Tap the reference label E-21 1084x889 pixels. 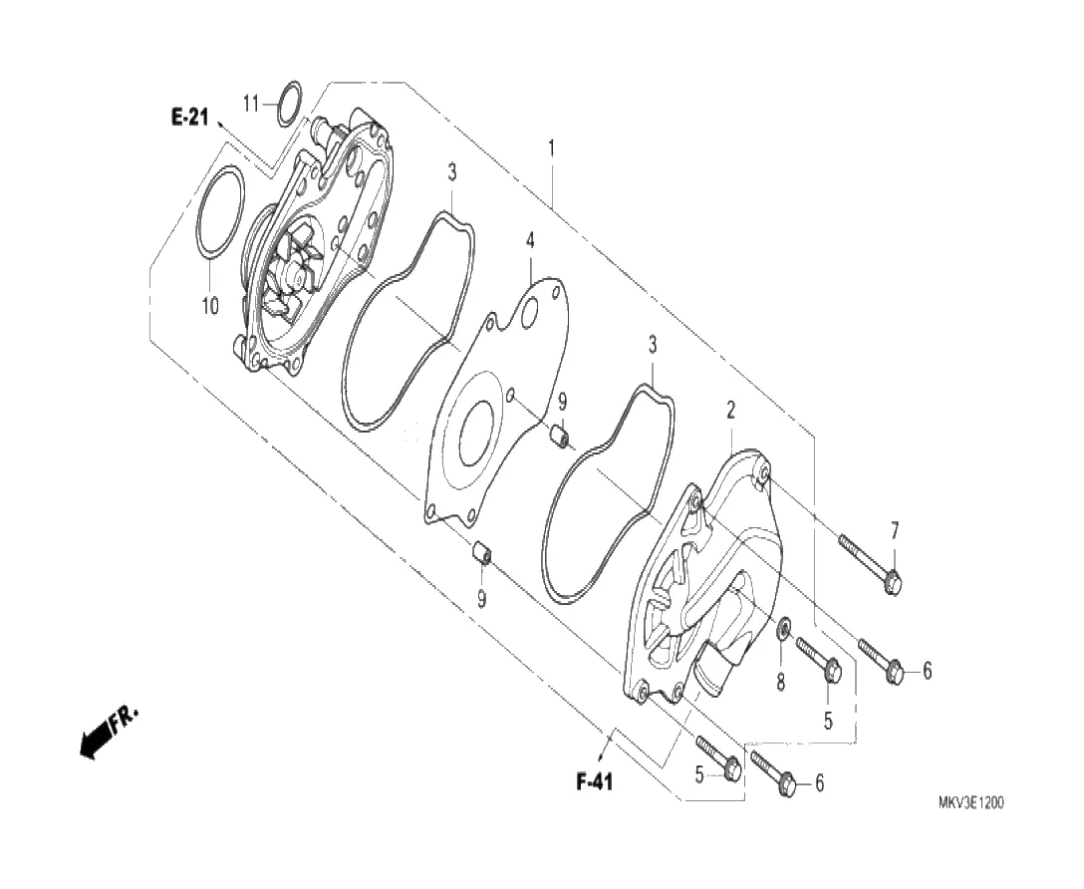[x=189, y=118]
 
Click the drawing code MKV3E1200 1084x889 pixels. [x=970, y=802]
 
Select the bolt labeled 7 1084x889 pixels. [x=871, y=564]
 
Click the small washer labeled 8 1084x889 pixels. [x=785, y=629]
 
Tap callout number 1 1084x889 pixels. [x=551, y=148]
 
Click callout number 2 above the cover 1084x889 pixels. [x=730, y=411]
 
